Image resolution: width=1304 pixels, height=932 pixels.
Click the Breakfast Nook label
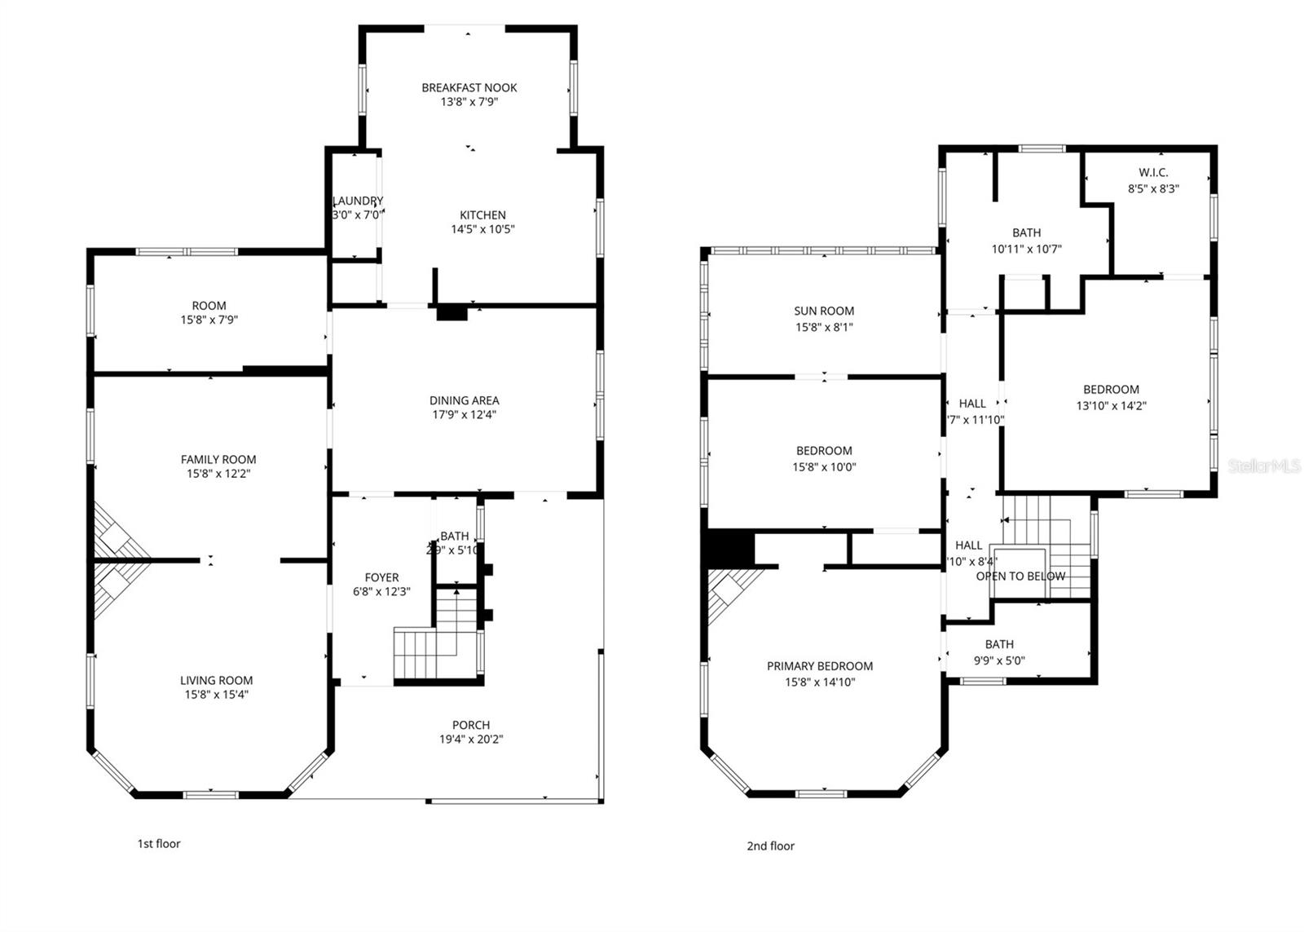[469, 87]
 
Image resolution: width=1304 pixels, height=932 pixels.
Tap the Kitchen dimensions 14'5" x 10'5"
[482, 229]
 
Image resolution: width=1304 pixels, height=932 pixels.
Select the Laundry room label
[358, 201]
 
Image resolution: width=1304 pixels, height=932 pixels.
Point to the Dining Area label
[464, 400]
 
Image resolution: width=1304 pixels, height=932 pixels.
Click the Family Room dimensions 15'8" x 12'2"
[218, 474]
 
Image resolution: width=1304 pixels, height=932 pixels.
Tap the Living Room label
[216, 680]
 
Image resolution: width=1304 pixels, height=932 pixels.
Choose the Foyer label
[381, 577]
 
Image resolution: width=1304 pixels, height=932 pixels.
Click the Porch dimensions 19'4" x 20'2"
[471, 740]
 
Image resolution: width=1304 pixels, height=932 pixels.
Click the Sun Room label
[824, 311]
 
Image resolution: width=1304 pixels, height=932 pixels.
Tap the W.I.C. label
[1153, 173]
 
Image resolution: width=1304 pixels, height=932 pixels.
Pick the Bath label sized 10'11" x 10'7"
[1026, 233]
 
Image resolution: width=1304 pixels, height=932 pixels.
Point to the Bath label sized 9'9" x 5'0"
[998, 644]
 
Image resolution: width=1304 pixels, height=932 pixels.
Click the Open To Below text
[1020, 576]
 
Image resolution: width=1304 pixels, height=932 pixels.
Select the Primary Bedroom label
[819, 666]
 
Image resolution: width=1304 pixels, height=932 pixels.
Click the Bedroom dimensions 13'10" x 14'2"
[1111, 405]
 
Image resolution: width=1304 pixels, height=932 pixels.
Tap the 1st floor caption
[158, 844]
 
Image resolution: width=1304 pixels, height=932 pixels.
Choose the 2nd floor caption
[770, 846]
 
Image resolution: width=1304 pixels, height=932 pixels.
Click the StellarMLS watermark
[1264, 466]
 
